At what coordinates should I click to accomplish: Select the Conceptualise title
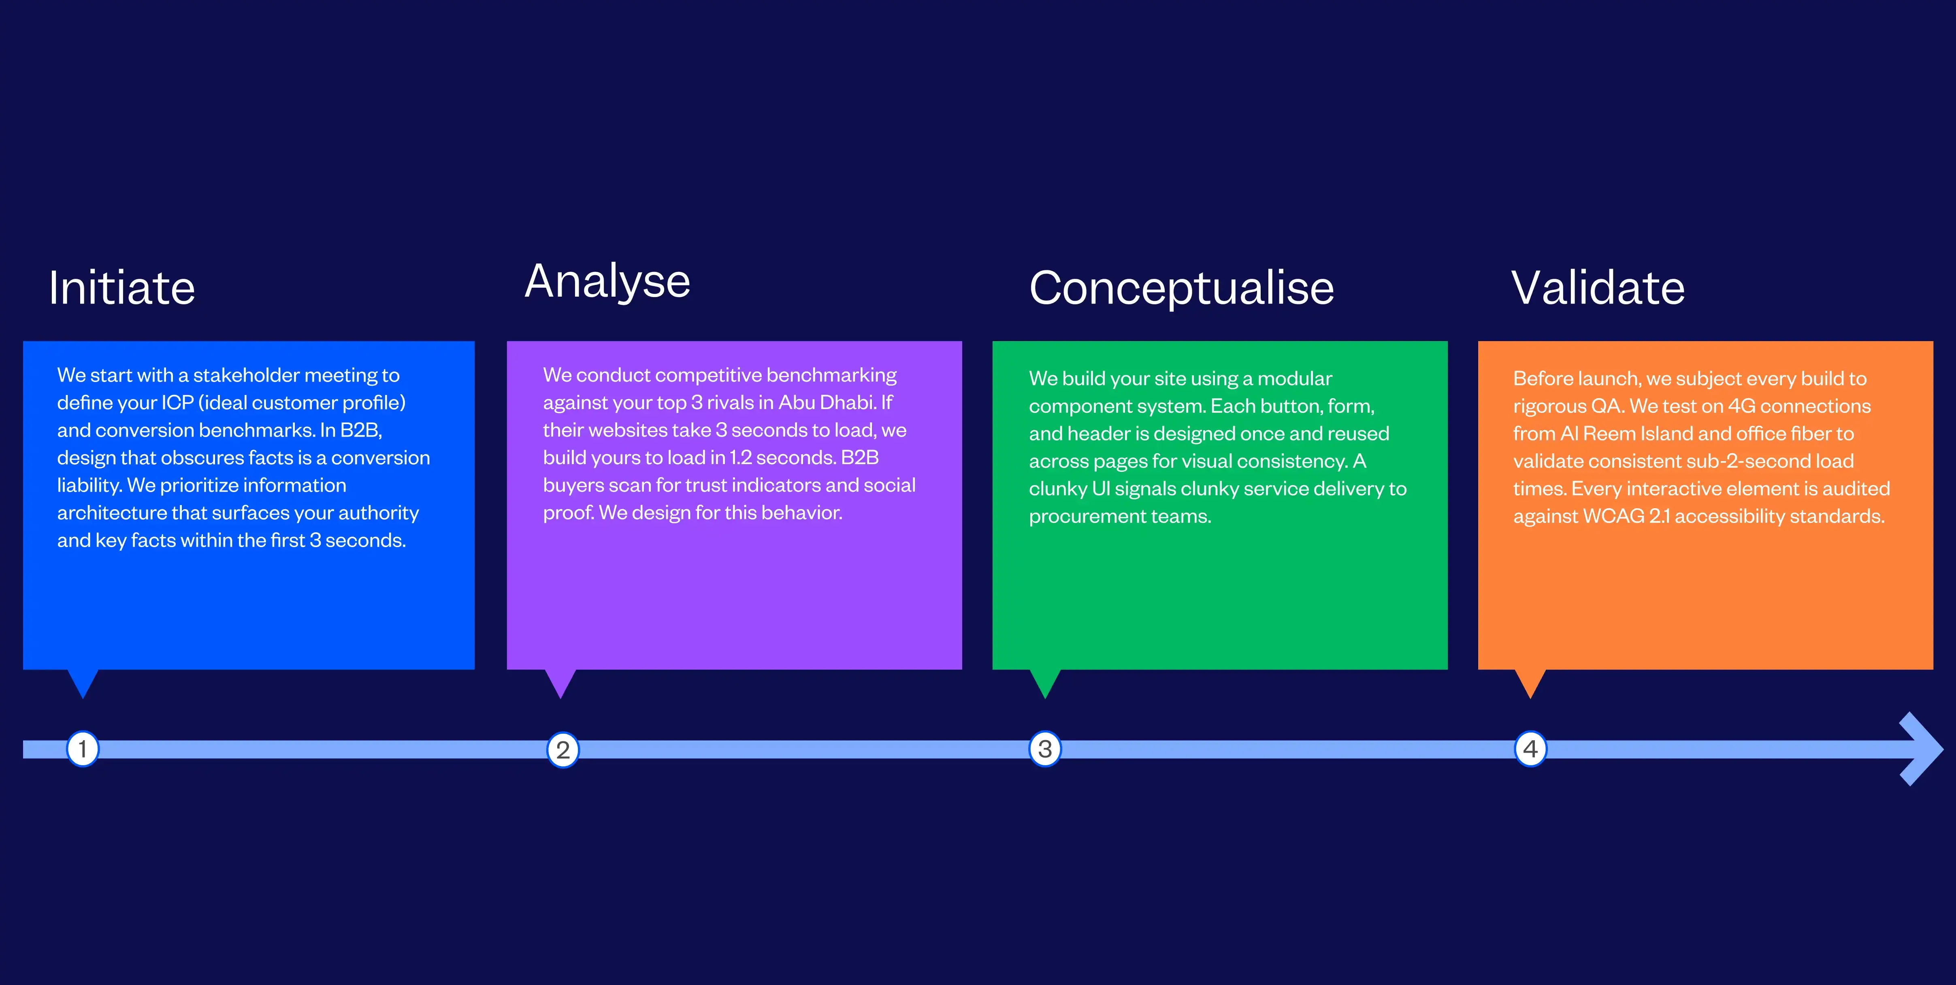coord(1182,289)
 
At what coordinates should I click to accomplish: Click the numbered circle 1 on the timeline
coord(83,749)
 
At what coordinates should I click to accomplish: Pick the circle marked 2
coord(563,750)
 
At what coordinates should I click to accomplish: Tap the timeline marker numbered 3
coord(1045,749)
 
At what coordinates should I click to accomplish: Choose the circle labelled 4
coord(1530,749)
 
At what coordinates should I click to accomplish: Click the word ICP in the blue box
coord(178,403)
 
